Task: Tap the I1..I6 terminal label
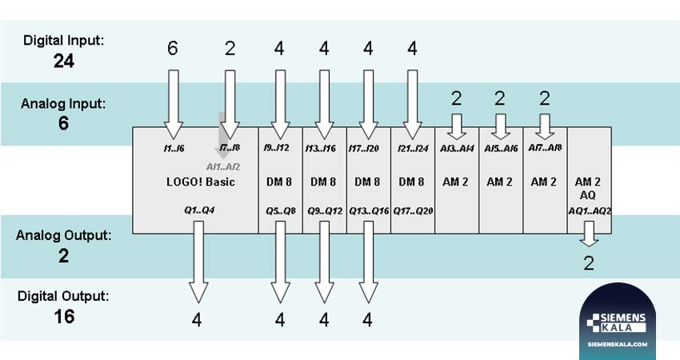pyautogui.click(x=173, y=149)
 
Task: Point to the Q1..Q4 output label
pyautogui.click(x=196, y=211)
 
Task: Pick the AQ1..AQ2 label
pyautogui.click(x=589, y=211)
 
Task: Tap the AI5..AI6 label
pyautogui.click(x=501, y=149)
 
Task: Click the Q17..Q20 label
pyautogui.click(x=413, y=211)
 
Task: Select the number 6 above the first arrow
pyautogui.click(x=173, y=49)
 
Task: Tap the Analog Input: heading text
pyautogui.click(x=63, y=104)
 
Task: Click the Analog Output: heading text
pyautogui.click(x=63, y=236)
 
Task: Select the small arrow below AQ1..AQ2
pyautogui.click(x=589, y=234)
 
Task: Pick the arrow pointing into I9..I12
pyautogui.click(x=280, y=100)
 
